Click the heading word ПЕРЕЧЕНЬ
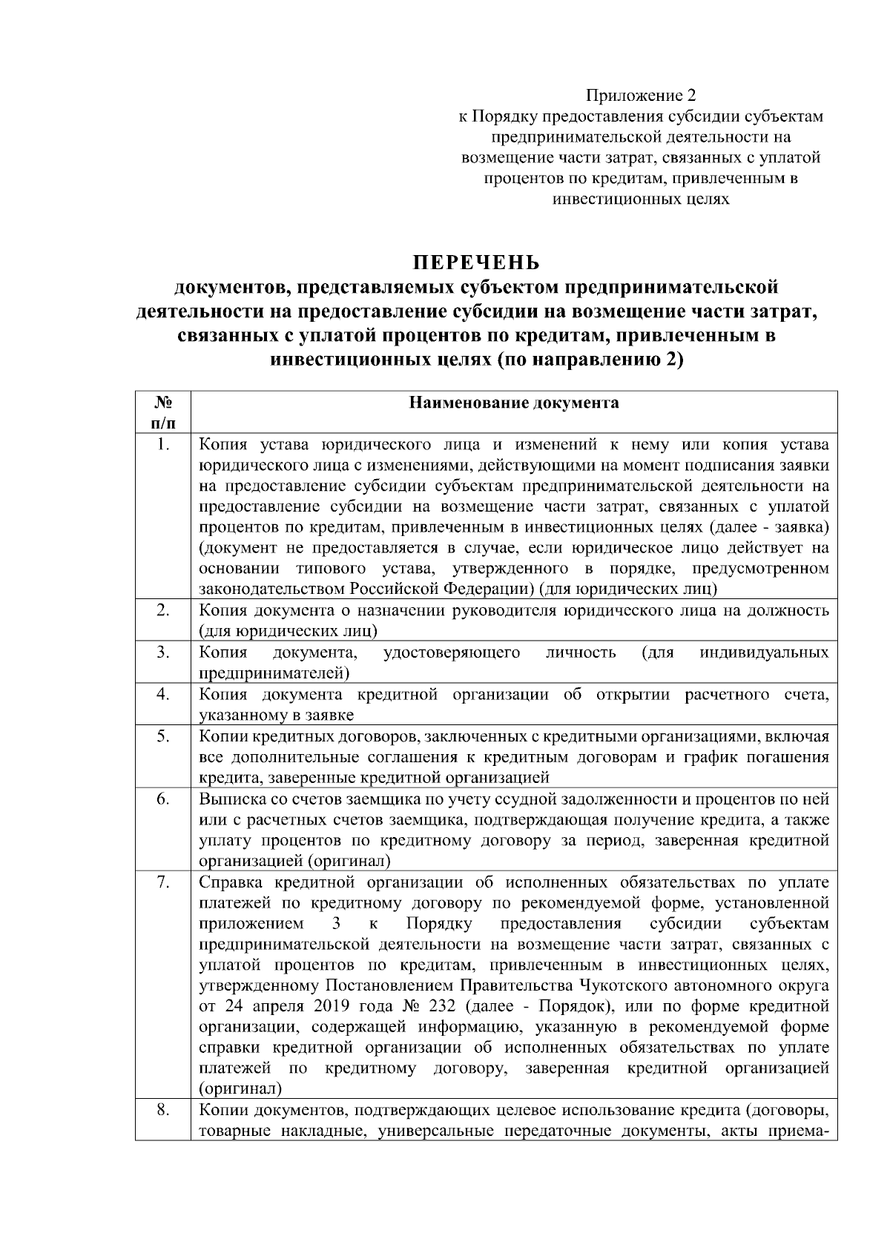pos(476,263)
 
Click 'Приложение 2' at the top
pos(642,96)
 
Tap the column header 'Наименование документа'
pos(514,403)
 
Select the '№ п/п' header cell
pos(163,412)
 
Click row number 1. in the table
pos(163,445)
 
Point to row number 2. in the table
pos(163,611)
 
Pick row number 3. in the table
pos(163,652)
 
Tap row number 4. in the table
pos(163,694)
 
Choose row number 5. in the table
pos(163,736)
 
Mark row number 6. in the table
pos(163,799)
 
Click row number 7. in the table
pos(163,882)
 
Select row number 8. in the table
pos(163,1111)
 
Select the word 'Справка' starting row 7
pos(232,882)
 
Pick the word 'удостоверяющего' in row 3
pos(452,652)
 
